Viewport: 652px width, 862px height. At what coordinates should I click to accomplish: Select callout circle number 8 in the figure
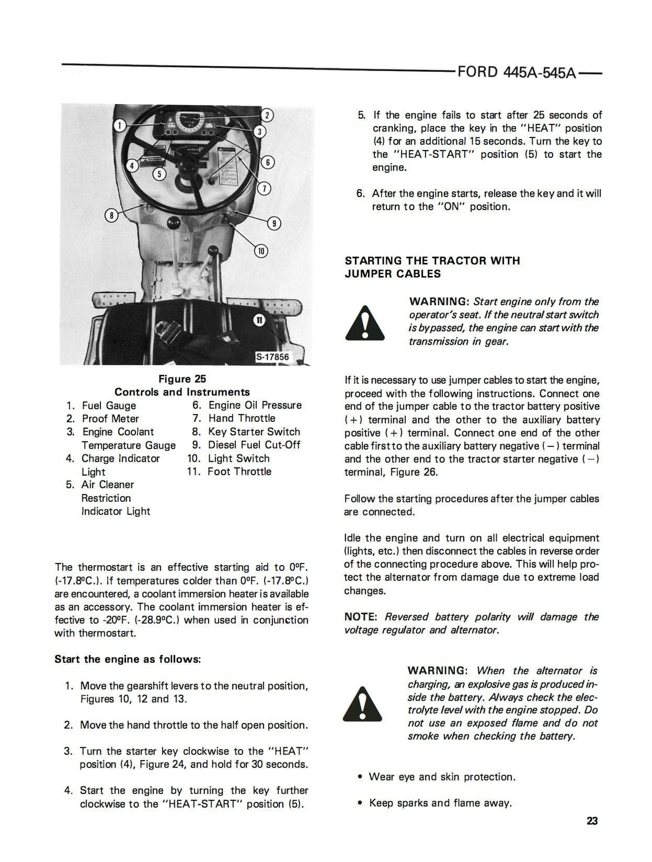(x=111, y=215)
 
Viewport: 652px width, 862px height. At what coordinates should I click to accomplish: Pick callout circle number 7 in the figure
(x=265, y=188)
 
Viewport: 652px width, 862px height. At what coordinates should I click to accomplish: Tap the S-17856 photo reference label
(x=272, y=357)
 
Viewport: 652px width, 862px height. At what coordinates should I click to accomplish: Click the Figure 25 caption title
(x=182, y=379)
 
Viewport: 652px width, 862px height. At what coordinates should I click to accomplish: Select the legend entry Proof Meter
(x=110, y=419)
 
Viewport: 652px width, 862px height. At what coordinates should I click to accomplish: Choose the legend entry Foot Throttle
(x=239, y=472)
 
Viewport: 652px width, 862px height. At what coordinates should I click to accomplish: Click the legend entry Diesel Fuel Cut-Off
(x=254, y=445)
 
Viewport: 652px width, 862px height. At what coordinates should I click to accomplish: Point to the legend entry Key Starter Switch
(x=254, y=432)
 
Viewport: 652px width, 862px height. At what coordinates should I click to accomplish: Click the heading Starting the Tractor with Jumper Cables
(x=432, y=267)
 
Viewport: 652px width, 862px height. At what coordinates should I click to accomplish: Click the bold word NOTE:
(x=360, y=617)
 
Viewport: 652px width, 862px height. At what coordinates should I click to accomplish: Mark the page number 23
(x=592, y=821)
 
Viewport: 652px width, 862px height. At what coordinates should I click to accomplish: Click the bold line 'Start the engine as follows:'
(x=128, y=659)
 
